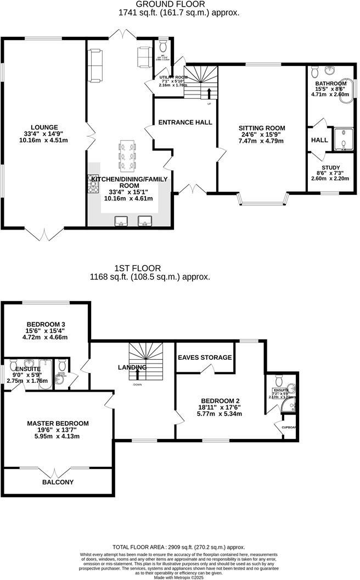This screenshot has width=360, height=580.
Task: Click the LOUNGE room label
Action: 44,127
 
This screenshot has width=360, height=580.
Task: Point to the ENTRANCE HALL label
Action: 185,122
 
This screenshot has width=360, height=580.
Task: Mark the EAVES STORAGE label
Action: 204,358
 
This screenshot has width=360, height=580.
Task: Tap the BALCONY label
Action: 58,482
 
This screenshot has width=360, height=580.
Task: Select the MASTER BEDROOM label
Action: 58,423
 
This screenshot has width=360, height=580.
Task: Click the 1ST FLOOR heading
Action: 133,268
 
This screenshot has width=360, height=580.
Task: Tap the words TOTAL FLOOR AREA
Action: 146,547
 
